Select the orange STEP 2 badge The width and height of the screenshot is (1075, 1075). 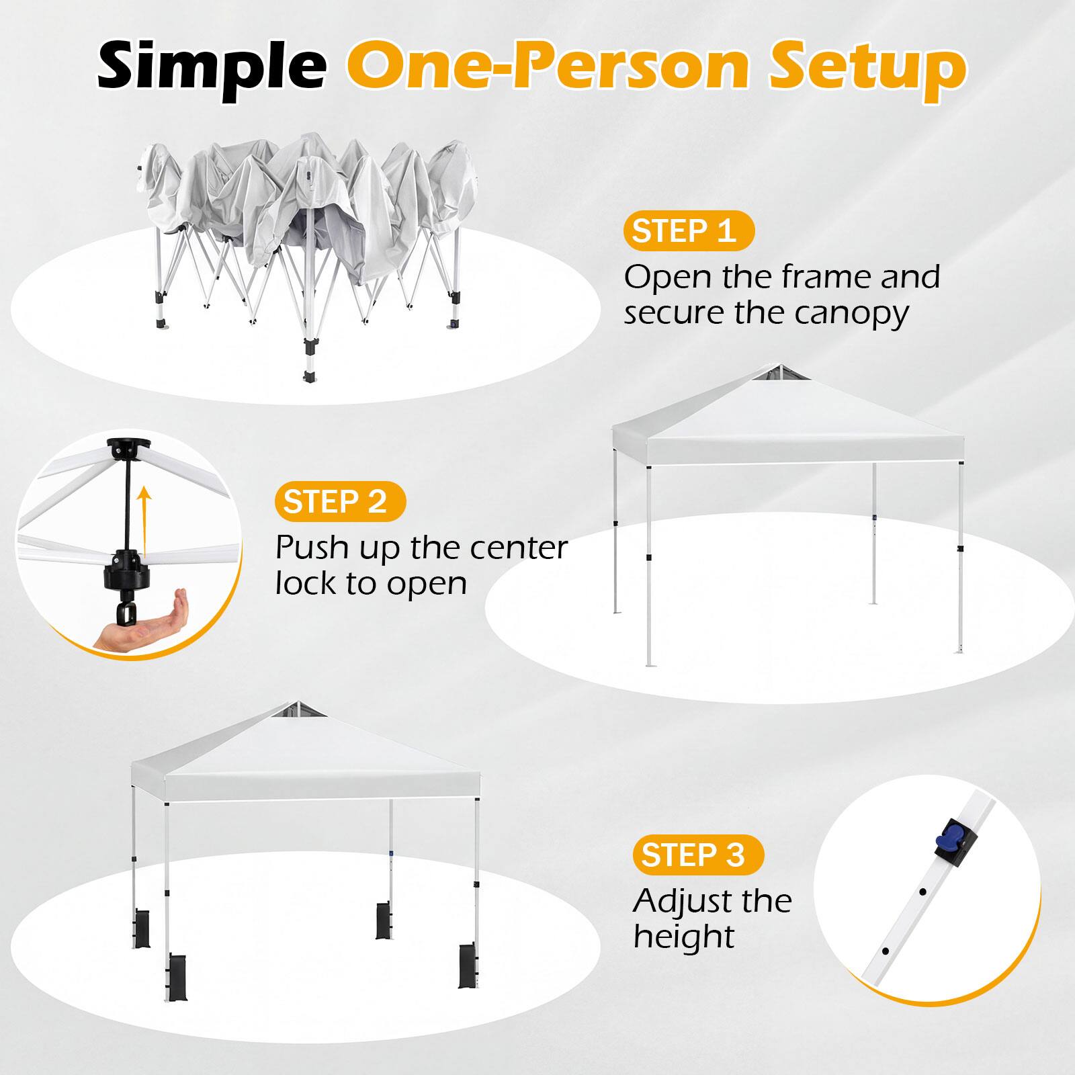340,502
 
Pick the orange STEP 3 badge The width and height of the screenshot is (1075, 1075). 697,855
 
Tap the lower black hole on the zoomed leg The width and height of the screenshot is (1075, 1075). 886,951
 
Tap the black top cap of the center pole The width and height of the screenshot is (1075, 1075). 128,447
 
